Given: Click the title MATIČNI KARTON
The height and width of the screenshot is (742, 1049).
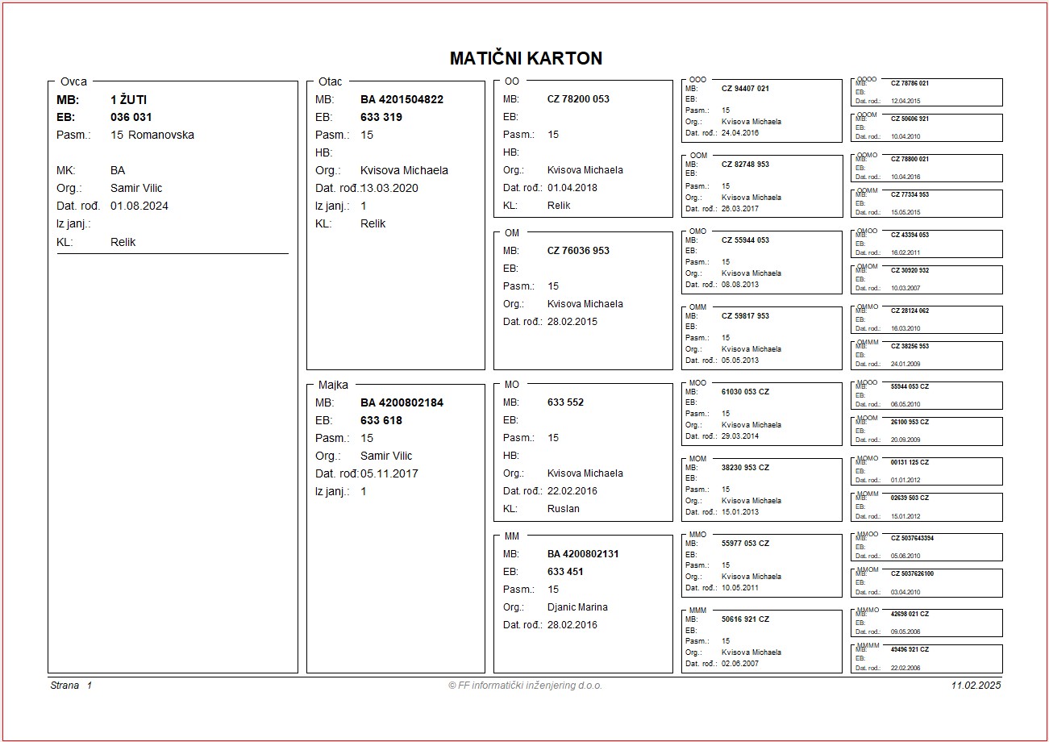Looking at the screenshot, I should (x=526, y=58).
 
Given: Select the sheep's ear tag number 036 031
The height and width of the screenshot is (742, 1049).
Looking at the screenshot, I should (x=131, y=117).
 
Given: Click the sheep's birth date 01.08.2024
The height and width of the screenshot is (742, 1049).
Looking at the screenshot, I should (x=139, y=206).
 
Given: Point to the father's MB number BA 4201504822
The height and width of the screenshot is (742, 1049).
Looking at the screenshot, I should (x=402, y=99).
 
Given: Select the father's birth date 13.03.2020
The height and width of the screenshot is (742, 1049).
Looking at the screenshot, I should (x=389, y=188).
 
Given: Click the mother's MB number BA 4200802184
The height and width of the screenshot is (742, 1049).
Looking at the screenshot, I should (x=402, y=402).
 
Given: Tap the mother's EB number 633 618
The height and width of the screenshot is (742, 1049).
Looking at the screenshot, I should (x=381, y=420).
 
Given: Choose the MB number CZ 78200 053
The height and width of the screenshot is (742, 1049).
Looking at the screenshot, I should (x=578, y=99).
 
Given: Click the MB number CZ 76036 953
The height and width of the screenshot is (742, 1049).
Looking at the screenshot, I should (x=578, y=251).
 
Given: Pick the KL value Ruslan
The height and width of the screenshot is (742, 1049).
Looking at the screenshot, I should (x=563, y=509).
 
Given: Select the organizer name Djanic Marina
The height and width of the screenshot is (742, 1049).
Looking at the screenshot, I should (x=577, y=607).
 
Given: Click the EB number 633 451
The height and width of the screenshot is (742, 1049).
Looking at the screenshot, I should (x=565, y=572).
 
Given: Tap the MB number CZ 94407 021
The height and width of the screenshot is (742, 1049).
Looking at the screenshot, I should (x=745, y=89).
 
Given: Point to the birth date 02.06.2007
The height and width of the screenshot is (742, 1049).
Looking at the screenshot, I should (x=740, y=664).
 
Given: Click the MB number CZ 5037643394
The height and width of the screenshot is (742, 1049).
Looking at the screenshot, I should (x=912, y=538).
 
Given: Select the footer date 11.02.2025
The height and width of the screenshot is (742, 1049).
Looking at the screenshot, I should (x=976, y=686).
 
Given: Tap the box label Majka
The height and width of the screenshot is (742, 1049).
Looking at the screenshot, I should (x=333, y=385).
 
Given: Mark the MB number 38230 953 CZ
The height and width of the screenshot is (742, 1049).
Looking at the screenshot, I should (x=745, y=468).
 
